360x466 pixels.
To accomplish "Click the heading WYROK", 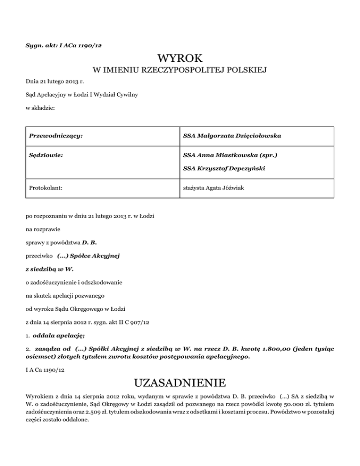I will coord(180,59).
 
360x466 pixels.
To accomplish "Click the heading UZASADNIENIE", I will coord(180,383).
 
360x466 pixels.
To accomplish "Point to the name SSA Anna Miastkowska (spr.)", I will coord(227,154).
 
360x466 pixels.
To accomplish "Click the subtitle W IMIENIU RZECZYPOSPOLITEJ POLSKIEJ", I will coord(180,71).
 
